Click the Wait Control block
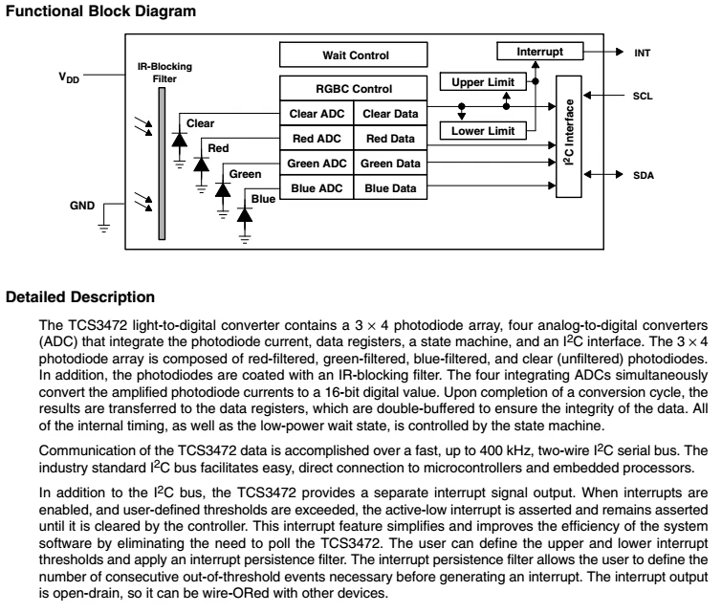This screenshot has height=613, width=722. [353, 55]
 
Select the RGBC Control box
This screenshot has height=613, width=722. [353, 88]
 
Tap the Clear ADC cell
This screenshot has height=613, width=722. [317, 113]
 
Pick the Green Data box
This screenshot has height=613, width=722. [390, 163]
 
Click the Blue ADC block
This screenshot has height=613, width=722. [317, 187]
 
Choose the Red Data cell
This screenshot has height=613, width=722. [390, 138]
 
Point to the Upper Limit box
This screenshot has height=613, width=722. [483, 82]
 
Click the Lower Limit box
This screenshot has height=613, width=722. [483, 131]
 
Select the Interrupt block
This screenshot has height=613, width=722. [540, 51]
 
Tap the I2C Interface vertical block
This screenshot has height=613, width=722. [569, 137]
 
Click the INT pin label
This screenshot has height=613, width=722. [643, 53]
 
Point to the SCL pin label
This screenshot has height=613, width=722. [643, 96]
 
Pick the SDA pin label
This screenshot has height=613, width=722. [644, 175]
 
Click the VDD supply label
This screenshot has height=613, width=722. [69, 77]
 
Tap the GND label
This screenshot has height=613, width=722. [82, 206]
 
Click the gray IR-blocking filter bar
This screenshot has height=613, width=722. [162, 164]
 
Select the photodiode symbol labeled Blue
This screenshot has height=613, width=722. [245, 215]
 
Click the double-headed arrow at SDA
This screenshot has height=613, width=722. [603, 175]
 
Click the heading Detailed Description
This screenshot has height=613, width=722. [80, 297]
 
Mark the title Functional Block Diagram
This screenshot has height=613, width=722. [100, 11]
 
